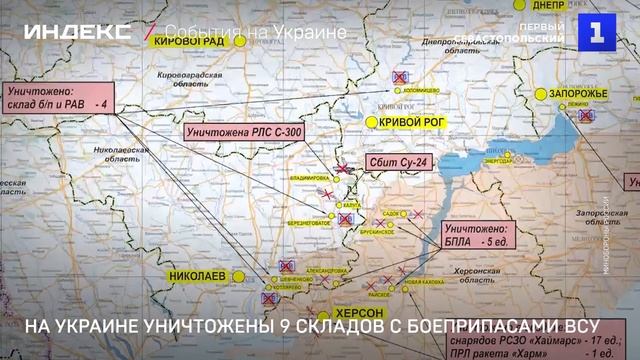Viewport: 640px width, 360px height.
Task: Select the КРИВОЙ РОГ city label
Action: point(413,122)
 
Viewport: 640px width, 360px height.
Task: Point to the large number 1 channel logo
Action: point(597,32)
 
